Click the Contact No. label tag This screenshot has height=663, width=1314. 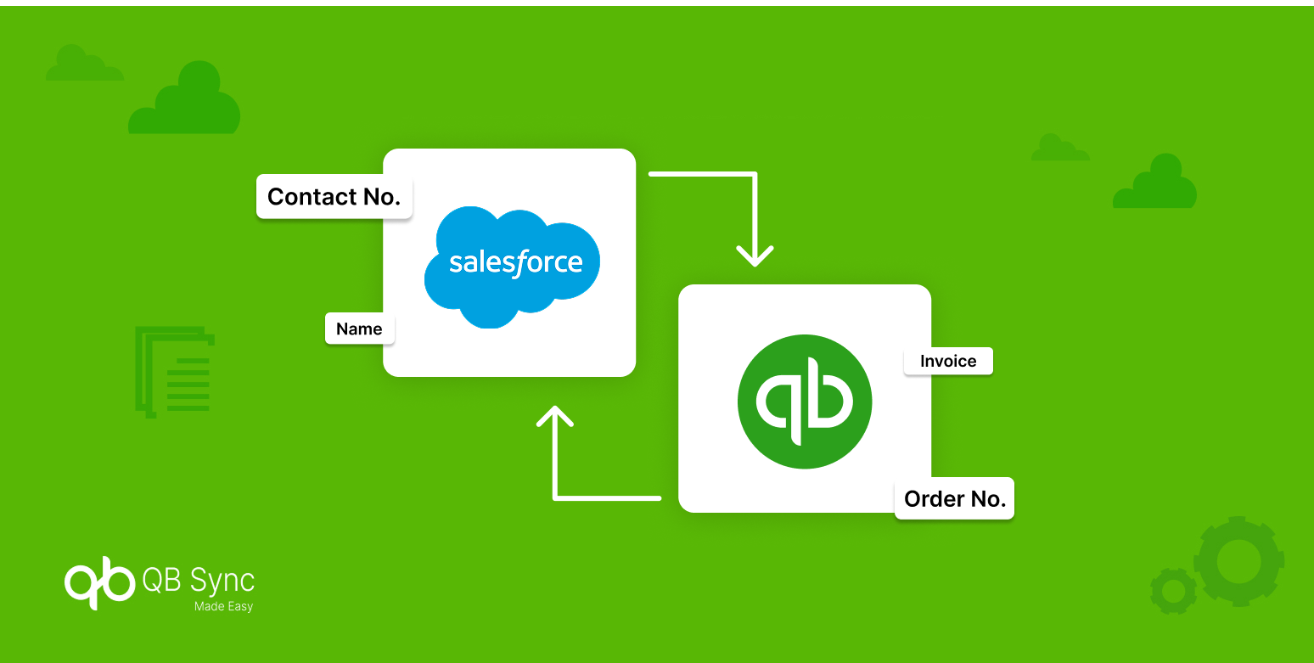[x=334, y=197]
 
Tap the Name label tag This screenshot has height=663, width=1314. [x=359, y=329]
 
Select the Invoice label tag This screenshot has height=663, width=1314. [x=948, y=362]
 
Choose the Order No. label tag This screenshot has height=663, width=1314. [x=955, y=499]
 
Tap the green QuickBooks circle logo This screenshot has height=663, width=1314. [x=805, y=402]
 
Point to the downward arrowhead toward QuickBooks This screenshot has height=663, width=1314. [x=755, y=253]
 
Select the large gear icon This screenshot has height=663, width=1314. [x=1238, y=561]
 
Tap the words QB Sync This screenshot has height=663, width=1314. [x=199, y=581]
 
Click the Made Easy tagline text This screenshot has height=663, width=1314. [x=224, y=607]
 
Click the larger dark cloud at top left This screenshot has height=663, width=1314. [x=184, y=102]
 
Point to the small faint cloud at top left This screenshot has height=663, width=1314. [x=83, y=65]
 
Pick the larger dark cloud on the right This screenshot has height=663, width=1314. [x=1155, y=183]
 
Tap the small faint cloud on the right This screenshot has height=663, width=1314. [x=1059, y=149]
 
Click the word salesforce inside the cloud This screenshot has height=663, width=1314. [x=516, y=262]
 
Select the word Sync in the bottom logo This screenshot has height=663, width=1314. [x=222, y=581]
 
